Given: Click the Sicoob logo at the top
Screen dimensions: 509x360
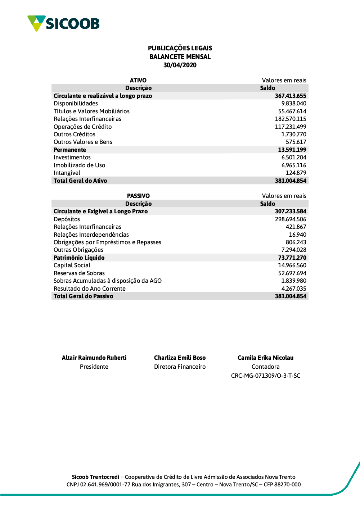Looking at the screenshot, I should pyautogui.click(x=63, y=23).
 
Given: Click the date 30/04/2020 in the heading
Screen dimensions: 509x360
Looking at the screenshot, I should pyautogui.click(x=180, y=65).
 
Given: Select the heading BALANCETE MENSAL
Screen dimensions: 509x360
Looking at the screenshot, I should pyautogui.click(x=180, y=57).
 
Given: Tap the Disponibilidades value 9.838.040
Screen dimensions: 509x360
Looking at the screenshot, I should pyautogui.click(x=294, y=104).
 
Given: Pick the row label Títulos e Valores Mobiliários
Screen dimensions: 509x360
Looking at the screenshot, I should pyautogui.click(x=91, y=112).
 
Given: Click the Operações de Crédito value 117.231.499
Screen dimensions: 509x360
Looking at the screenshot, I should pyautogui.click(x=291, y=127).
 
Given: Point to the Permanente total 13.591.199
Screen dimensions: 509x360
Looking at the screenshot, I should pyautogui.click(x=292, y=150).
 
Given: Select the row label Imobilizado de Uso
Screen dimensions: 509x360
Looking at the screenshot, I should pyautogui.click(x=80, y=165).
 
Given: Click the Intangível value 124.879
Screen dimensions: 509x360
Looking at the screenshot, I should pyautogui.click(x=296, y=173).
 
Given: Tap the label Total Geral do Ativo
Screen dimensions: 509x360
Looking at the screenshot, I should pyautogui.click(x=80, y=181).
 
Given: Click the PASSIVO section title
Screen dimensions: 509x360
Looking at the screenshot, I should pyautogui.click(x=138, y=196).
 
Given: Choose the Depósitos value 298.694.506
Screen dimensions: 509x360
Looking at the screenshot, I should pyautogui.click(x=291, y=219).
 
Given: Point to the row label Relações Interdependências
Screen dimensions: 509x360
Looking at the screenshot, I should pyautogui.click(x=91, y=235).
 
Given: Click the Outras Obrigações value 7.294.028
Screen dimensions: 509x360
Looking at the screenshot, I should pyautogui.click(x=294, y=250).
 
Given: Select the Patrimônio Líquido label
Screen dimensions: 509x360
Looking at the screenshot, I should pyautogui.click(x=79, y=258).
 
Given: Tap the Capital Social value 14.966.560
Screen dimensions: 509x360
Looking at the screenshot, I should pyautogui.click(x=292, y=265).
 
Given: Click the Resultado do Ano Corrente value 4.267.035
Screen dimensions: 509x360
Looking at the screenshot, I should pyautogui.click(x=294, y=289).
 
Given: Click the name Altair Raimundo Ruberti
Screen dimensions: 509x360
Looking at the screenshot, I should pyautogui.click(x=94, y=358).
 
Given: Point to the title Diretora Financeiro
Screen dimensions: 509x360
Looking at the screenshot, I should pyautogui.click(x=180, y=367).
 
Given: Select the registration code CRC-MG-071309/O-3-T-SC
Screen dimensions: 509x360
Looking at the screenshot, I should pyautogui.click(x=266, y=376).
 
